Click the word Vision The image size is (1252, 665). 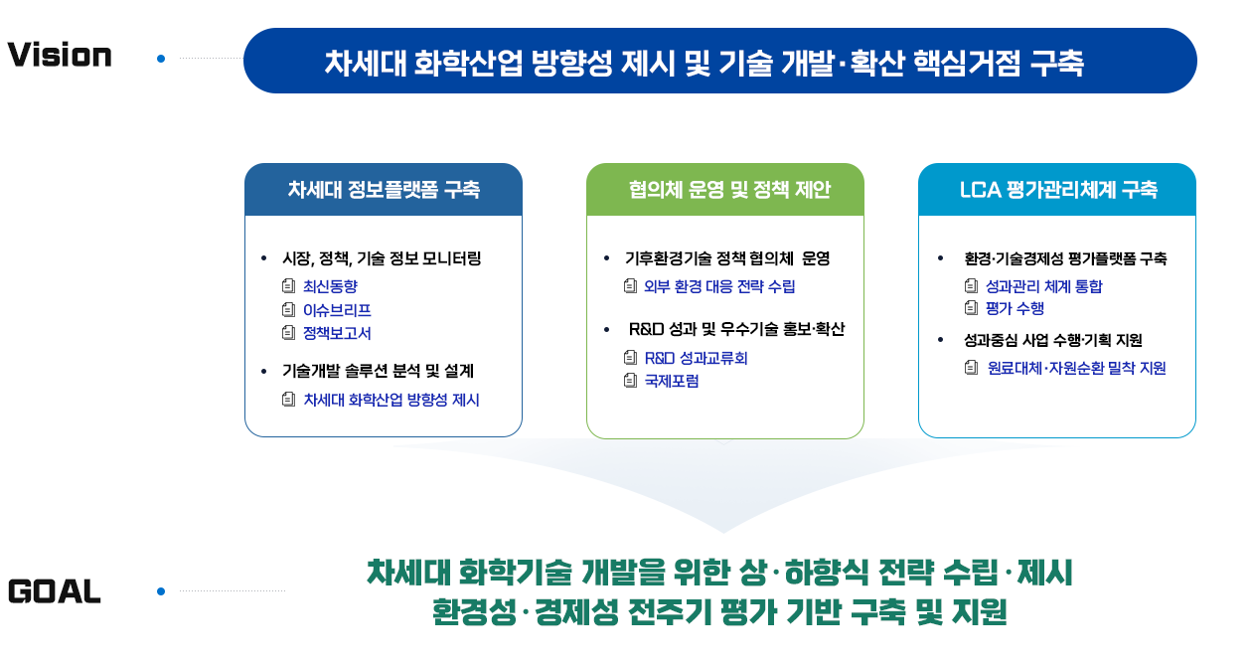60,56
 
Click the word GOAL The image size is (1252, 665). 55,591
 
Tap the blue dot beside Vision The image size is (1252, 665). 161,59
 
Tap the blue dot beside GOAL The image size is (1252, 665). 161,591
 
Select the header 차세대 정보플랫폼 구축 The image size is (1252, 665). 384,190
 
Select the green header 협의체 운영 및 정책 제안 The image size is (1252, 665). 729,190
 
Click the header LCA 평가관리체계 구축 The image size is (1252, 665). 1058,190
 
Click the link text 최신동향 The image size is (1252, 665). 330,286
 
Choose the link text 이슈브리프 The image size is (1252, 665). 337,310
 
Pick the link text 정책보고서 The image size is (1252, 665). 337,333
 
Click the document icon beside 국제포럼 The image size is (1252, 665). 630,381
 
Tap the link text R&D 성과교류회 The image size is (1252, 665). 696,358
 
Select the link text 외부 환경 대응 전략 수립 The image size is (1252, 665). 719,286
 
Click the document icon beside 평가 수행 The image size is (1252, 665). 972,307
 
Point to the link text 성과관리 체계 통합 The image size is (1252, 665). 1043,286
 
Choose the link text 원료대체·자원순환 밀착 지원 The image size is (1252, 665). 1076,368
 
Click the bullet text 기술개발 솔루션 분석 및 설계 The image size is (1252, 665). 378,371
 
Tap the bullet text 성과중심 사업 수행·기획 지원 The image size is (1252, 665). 1053,340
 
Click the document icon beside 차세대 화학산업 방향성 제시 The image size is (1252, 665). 288,400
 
